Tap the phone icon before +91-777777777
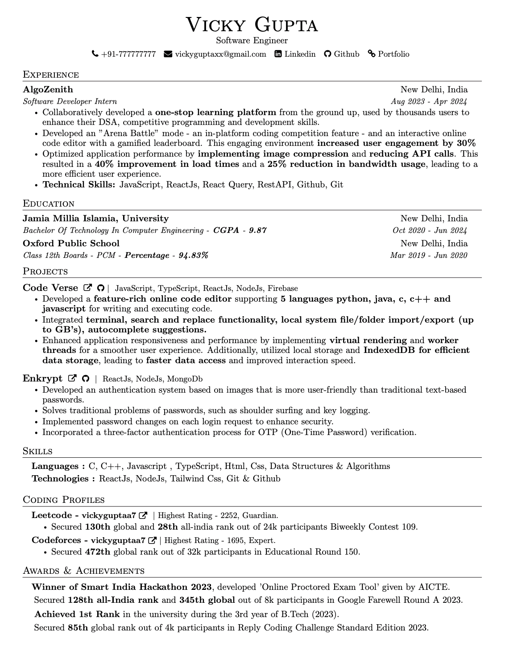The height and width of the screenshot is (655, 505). [95, 54]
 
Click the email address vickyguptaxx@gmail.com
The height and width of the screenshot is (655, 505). [220, 54]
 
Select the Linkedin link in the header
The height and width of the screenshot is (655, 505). [300, 54]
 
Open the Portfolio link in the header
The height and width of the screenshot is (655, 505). [393, 54]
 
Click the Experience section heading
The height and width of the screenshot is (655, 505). [51, 75]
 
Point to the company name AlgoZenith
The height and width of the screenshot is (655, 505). [48, 89]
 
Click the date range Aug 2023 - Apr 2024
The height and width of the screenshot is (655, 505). [429, 101]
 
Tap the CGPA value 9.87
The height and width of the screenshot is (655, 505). [257, 230]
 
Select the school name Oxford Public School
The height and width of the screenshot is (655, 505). [71, 243]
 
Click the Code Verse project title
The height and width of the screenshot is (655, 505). [50, 288]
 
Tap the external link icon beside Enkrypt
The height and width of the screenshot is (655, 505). [72, 378]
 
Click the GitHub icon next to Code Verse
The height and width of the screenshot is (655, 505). [101, 288]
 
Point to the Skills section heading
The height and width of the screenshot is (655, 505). [37, 451]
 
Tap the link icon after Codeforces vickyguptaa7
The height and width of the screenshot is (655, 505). [152, 540]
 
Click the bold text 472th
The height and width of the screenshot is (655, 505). [97, 551]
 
